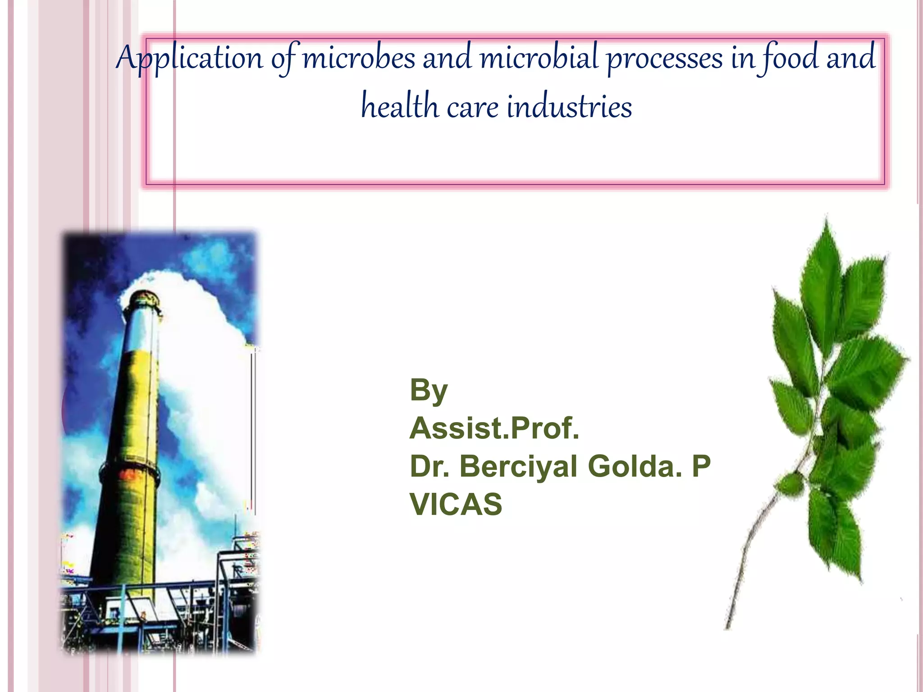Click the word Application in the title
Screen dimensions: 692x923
coord(189,59)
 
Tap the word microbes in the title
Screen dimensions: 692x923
coord(359,59)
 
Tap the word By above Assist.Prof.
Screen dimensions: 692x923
coord(429,390)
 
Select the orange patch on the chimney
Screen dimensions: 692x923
coord(128,474)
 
